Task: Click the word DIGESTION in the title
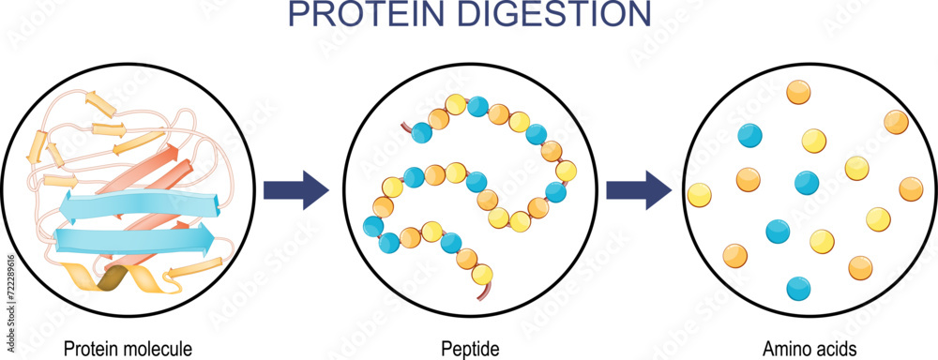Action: click(x=554, y=14)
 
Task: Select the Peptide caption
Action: click(x=470, y=348)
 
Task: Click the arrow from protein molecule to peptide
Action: click(x=296, y=190)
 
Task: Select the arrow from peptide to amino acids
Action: click(x=639, y=190)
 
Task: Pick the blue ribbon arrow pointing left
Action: click(x=138, y=203)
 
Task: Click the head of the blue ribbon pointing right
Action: click(x=204, y=235)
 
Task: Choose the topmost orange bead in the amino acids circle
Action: click(x=798, y=92)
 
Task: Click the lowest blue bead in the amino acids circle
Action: click(x=798, y=288)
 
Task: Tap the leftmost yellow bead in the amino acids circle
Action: click(x=700, y=195)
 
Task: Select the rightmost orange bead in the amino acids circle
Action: click(x=911, y=189)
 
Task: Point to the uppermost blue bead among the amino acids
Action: click(x=750, y=135)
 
